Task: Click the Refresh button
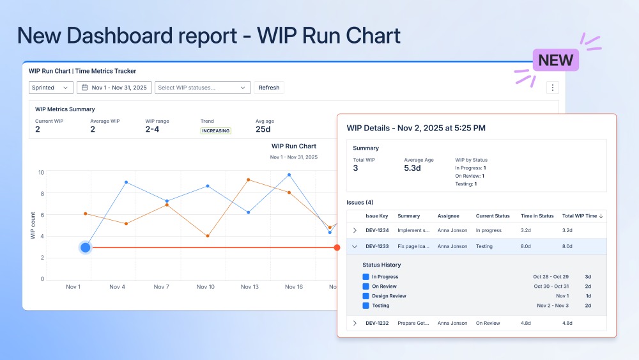pyautogui.click(x=268, y=88)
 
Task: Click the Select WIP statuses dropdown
pyautogui.click(x=202, y=88)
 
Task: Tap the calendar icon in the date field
pyautogui.click(x=84, y=88)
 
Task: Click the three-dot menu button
pyautogui.click(x=553, y=88)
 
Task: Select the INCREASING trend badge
pyautogui.click(x=215, y=130)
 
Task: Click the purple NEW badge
pyautogui.click(x=556, y=60)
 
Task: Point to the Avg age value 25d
pyautogui.click(x=263, y=130)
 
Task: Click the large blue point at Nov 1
pyautogui.click(x=86, y=247)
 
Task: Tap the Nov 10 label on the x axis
pyautogui.click(x=206, y=287)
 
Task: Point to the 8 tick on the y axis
pyautogui.click(x=42, y=193)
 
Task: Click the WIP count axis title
pyautogui.click(x=33, y=226)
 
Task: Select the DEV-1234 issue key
pyautogui.click(x=376, y=230)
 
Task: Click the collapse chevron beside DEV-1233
pyautogui.click(x=355, y=246)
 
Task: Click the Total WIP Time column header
pyautogui.click(x=582, y=216)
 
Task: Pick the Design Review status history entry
pyautogui.click(x=389, y=296)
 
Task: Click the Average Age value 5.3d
pyautogui.click(x=412, y=168)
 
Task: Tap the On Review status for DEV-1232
pyautogui.click(x=488, y=324)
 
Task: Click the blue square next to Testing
pyautogui.click(x=366, y=306)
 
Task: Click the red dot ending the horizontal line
pyautogui.click(x=337, y=247)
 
